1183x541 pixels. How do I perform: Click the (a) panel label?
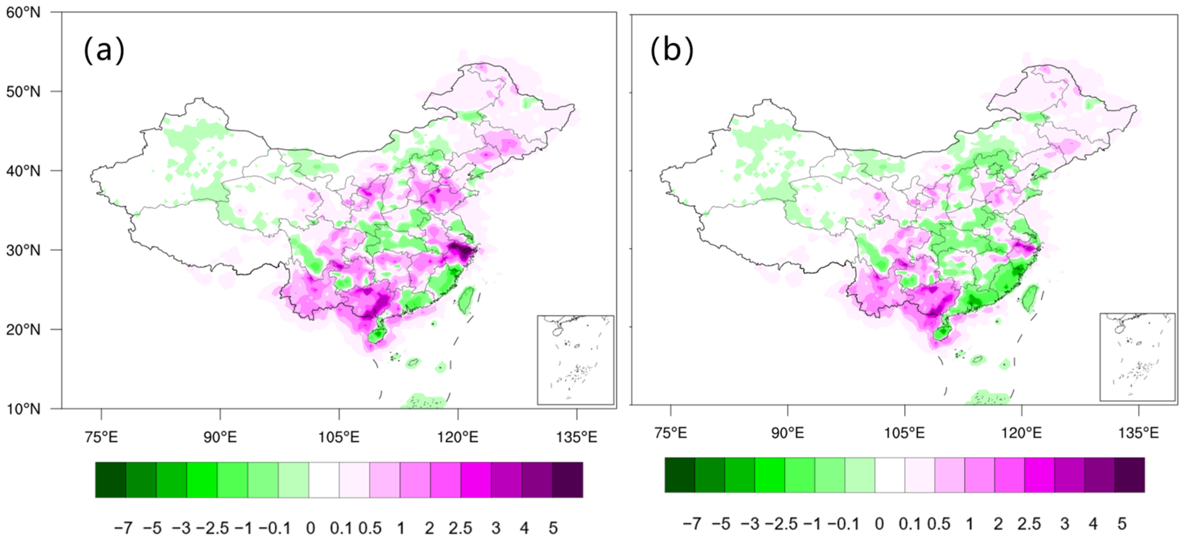pos(104,49)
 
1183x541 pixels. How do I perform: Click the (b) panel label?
pos(671,49)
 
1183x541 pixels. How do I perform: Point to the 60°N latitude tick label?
pos(23,12)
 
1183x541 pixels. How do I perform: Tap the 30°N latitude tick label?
pos(23,250)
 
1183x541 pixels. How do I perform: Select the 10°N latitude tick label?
pos(23,409)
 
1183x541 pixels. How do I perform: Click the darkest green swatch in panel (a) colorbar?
pos(111,480)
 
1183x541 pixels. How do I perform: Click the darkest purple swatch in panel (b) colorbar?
pos(1129,475)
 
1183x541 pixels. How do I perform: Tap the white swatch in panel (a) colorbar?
pos(324,480)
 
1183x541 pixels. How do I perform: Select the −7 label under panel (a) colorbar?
pos(123,528)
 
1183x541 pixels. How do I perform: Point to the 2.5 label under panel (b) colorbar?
pos(1029,523)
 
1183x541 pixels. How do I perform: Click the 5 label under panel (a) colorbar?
pos(553,528)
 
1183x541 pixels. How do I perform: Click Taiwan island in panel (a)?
pos(467,299)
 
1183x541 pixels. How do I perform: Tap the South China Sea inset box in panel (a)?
pos(575,360)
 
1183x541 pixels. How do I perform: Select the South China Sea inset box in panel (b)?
pos(1137,357)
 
